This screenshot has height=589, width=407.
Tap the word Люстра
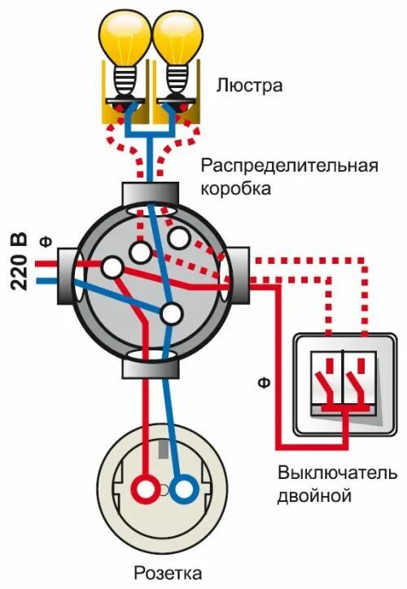[250, 85]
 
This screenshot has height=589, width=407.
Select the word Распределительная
[290, 166]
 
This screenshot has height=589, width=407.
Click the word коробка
[236, 188]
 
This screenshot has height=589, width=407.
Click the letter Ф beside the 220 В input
[45, 241]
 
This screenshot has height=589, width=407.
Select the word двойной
[313, 494]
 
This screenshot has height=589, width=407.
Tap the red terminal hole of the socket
[147, 490]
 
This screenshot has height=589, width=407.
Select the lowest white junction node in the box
[171, 313]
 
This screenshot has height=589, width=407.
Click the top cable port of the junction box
[151, 194]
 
